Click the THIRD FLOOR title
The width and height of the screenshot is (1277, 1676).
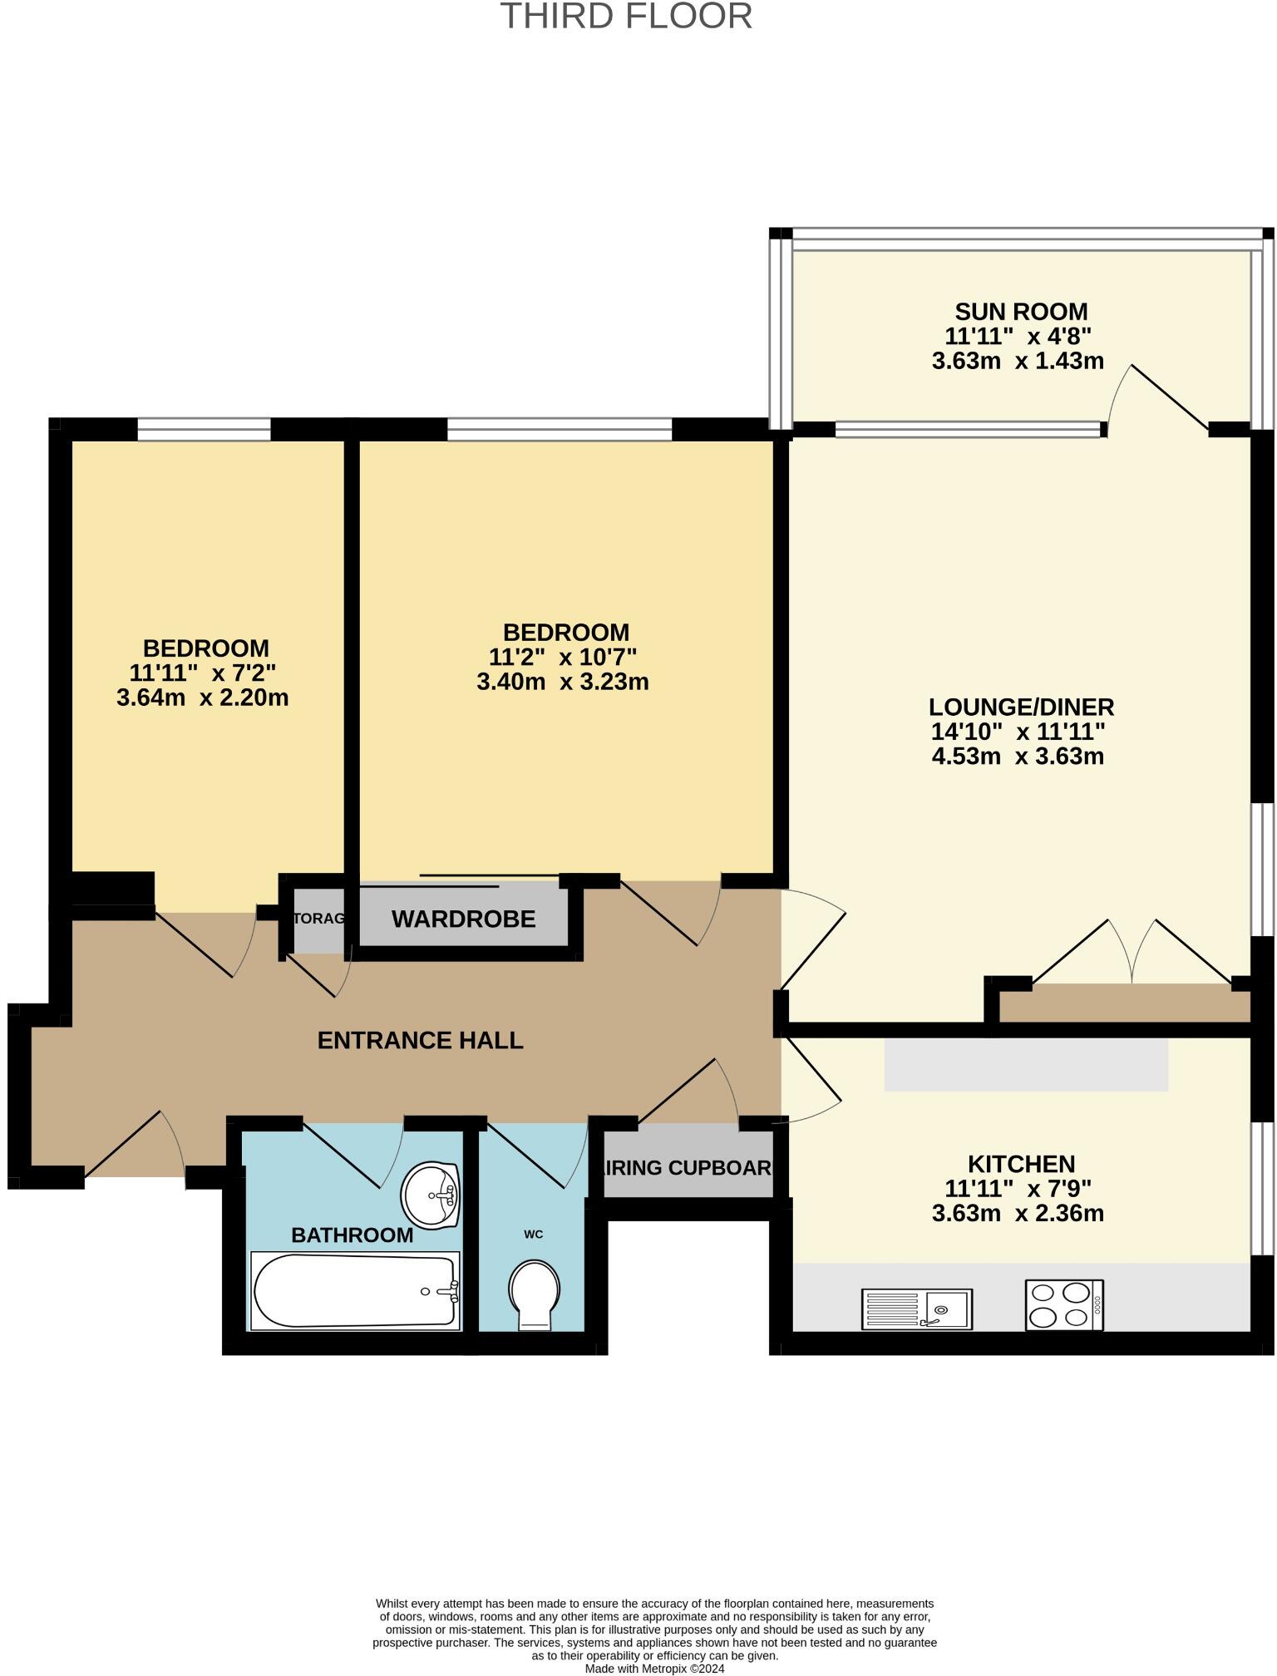pyautogui.click(x=626, y=17)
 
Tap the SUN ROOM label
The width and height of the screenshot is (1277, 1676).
pyautogui.click(x=1020, y=312)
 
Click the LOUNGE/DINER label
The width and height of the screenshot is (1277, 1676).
pyautogui.click(x=1020, y=707)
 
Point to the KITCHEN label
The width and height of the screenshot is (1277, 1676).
pyautogui.click(x=1020, y=1164)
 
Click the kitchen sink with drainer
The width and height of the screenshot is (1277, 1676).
pyautogui.click(x=917, y=1309)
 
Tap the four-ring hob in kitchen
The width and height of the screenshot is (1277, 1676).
pyautogui.click(x=1063, y=1305)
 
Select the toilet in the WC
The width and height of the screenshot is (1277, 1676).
pyautogui.click(x=534, y=1294)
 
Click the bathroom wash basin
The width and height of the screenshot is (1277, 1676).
pyautogui.click(x=431, y=1195)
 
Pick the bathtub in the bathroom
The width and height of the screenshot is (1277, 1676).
pyautogui.click(x=355, y=1291)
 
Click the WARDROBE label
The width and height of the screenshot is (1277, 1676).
pyautogui.click(x=463, y=919)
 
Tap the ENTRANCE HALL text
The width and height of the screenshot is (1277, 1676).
pyautogui.click(x=420, y=1041)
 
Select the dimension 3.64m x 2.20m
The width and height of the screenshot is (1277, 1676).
pyautogui.click(x=202, y=698)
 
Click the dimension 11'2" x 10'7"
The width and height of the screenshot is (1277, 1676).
pyautogui.click(x=562, y=658)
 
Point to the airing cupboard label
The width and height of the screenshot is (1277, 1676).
pyautogui.click(x=688, y=1168)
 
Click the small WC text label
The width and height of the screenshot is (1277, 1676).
pyautogui.click(x=533, y=1234)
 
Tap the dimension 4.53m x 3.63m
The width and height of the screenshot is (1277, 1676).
pyautogui.click(x=1018, y=757)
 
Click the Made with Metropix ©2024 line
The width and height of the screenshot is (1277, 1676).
pyautogui.click(x=654, y=1669)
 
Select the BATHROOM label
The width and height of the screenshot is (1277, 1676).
pyautogui.click(x=352, y=1235)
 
